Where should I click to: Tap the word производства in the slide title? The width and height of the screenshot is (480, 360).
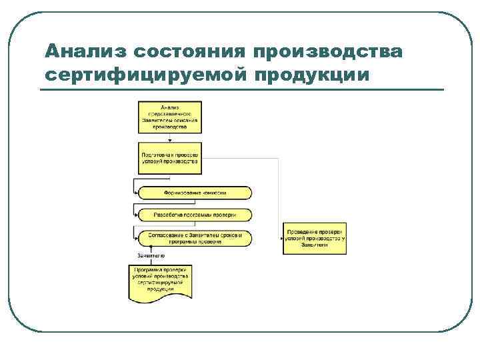(x=327, y=51)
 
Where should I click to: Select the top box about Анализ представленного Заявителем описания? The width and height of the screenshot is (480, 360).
(x=169, y=117)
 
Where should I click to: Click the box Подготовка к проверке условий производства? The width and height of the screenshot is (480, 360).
(x=169, y=157)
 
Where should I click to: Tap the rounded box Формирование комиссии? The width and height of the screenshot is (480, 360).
(x=195, y=193)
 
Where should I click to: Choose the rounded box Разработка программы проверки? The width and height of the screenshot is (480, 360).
(x=195, y=215)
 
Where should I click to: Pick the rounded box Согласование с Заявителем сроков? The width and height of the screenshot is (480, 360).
(x=195, y=237)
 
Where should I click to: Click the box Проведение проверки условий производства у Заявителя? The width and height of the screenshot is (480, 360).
(x=315, y=237)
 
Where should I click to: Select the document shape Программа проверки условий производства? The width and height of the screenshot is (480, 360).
(x=160, y=281)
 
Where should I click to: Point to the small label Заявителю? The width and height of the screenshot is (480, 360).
(x=151, y=255)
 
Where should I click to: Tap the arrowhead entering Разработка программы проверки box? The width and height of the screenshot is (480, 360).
(x=137, y=215)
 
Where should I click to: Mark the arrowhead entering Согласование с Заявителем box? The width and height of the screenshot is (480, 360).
(x=137, y=237)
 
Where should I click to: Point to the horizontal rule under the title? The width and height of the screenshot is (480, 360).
(x=242, y=89)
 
